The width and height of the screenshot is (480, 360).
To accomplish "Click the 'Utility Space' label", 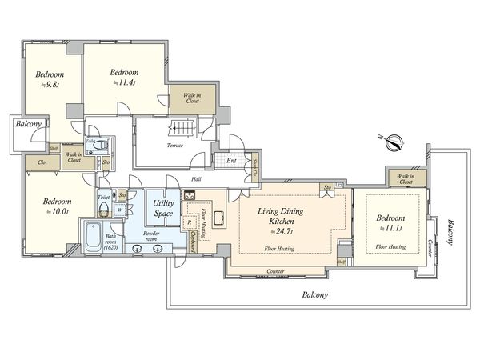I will click(x=165, y=210).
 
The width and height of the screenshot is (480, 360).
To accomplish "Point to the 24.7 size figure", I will click(x=282, y=231).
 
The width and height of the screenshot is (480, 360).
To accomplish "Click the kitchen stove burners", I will click(x=190, y=196).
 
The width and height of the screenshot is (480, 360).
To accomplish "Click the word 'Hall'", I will click(x=197, y=180).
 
